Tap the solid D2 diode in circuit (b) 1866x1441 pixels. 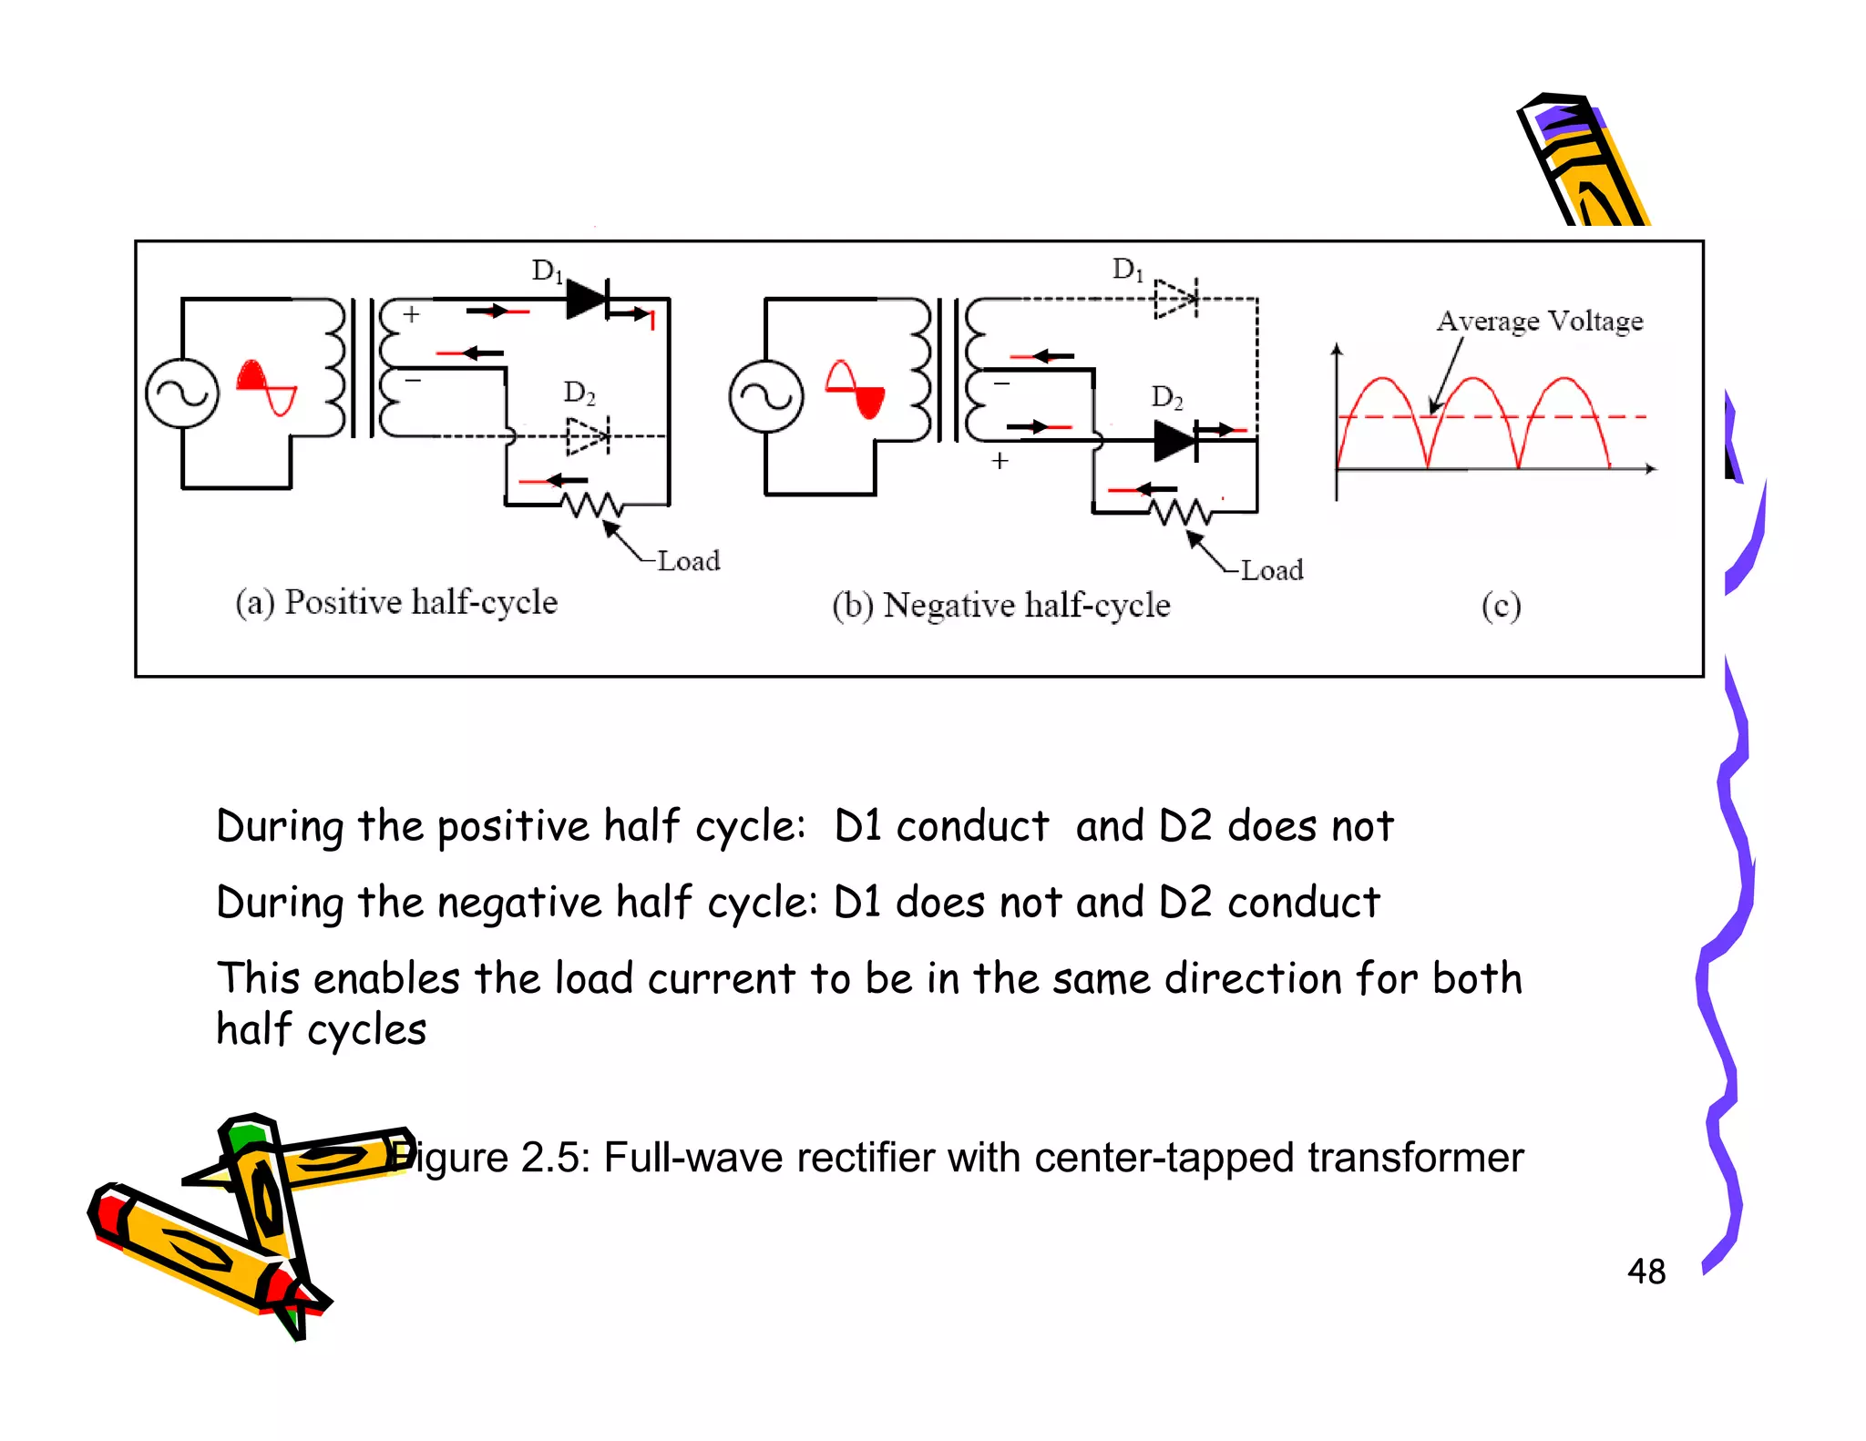pyautogui.click(x=1175, y=442)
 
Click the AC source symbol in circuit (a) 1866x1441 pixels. pyautogui.click(x=182, y=393)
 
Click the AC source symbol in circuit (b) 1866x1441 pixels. pyautogui.click(x=766, y=396)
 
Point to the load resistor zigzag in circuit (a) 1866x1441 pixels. pyautogui.click(x=592, y=504)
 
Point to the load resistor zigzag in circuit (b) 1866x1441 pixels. pyautogui.click(x=1180, y=512)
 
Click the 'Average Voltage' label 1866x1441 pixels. pyautogui.click(x=1540, y=321)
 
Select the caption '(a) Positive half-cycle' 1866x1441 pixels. pyautogui.click(x=396, y=602)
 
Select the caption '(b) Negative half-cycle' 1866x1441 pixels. pyautogui.click(x=1000, y=605)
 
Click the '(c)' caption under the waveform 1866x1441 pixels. pyautogui.click(x=1501, y=606)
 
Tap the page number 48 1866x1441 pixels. pyautogui.click(x=1646, y=1272)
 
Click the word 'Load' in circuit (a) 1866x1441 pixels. pyautogui.click(x=689, y=560)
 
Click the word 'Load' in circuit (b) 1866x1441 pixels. pyautogui.click(x=1272, y=570)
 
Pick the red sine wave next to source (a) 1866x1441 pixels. pyautogui.click(x=266, y=387)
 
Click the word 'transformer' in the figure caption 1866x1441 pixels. pyautogui.click(x=1415, y=1158)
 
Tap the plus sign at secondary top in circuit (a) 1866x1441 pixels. pyautogui.click(x=412, y=314)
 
